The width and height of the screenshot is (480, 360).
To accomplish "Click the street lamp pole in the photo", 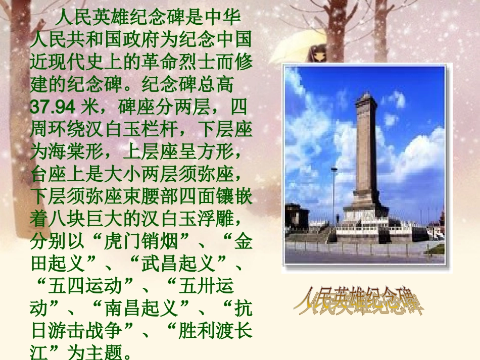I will point(333,197).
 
